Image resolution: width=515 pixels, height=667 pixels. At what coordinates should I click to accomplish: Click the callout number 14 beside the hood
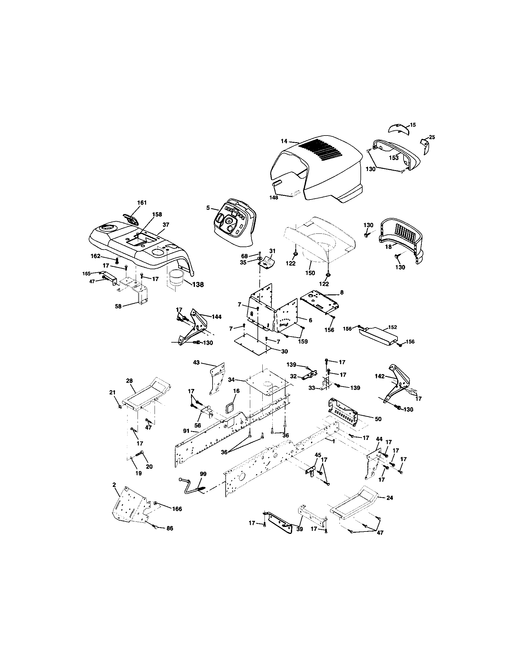284,141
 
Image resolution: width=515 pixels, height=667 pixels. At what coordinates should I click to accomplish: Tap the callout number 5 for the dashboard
208,208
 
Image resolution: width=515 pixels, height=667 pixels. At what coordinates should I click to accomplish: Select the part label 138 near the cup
198,284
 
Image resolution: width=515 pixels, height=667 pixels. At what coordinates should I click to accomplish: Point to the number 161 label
142,203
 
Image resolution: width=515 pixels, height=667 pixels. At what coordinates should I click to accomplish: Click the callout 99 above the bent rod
203,474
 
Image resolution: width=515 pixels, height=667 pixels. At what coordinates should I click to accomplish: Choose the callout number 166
177,509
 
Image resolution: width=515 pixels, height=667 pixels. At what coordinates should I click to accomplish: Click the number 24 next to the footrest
390,498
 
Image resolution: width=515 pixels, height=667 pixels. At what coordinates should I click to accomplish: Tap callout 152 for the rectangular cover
393,327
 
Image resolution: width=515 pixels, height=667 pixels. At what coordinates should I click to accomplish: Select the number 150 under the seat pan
310,273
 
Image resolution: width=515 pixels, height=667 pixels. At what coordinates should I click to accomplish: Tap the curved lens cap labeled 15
398,128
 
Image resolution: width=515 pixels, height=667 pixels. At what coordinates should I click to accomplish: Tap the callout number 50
378,419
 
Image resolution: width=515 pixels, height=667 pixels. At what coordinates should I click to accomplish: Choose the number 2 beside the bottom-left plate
114,485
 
